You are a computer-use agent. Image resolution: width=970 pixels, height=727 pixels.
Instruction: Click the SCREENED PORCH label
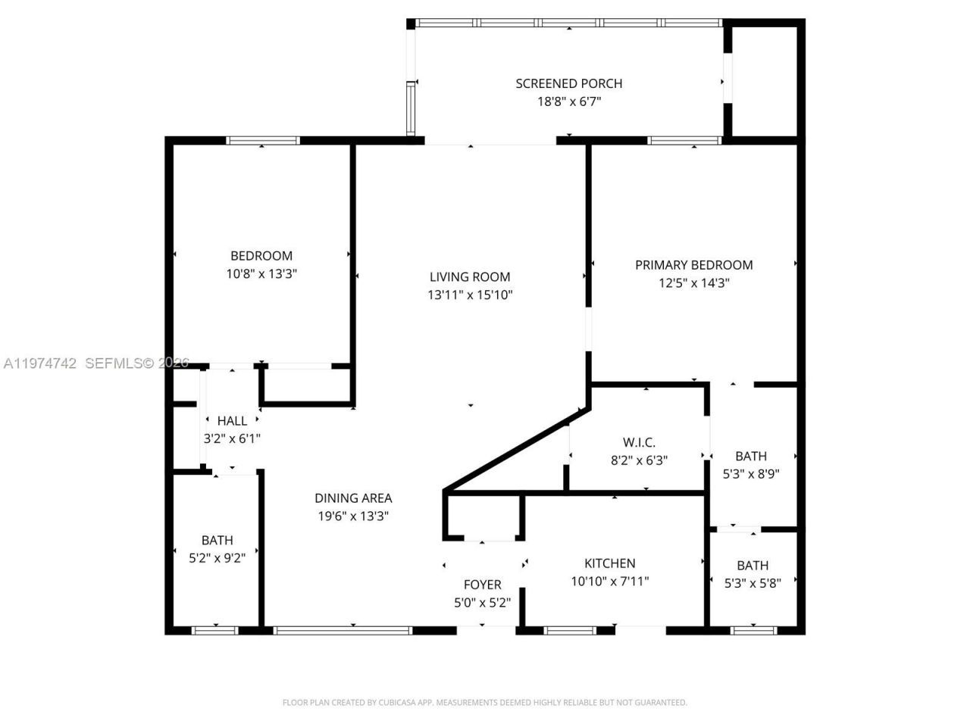coord(568,83)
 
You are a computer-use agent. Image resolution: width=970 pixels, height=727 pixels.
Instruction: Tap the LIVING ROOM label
coord(470,277)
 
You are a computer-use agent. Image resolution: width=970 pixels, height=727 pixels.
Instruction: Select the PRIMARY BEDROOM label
coord(693,265)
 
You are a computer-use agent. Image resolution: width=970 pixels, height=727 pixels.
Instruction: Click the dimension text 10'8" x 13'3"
coord(261,274)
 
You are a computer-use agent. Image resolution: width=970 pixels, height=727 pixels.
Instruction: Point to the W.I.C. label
coord(639,442)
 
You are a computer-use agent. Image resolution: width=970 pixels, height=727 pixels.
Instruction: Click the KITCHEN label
coord(609,563)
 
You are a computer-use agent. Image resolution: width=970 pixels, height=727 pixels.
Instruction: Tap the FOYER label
coord(482,585)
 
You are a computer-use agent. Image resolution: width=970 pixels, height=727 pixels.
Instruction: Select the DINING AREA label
coord(353,498)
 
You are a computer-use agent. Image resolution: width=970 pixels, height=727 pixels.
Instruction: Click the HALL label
coord(232,421)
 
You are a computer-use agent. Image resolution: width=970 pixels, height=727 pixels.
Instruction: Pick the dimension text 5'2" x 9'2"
coord(217,559)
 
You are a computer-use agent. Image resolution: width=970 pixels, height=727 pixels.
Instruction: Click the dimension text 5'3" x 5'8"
coord(753,583)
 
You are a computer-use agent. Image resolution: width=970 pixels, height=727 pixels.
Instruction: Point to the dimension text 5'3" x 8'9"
coord(751,474)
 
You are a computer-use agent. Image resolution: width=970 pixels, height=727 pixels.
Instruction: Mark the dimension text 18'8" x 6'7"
coord(568,101)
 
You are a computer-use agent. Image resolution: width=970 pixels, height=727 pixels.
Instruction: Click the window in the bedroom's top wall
coord(263,140)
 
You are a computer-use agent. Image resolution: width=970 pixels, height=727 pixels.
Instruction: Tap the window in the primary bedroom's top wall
coord(684,140)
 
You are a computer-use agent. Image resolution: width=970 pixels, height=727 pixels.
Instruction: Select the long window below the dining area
coord(343,629)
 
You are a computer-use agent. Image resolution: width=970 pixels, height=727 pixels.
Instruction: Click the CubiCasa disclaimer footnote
coord(484,703)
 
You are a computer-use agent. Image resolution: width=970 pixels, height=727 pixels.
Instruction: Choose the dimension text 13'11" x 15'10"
coord(470,295)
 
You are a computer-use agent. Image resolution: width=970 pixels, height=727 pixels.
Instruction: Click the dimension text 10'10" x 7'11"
coord(609,582)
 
